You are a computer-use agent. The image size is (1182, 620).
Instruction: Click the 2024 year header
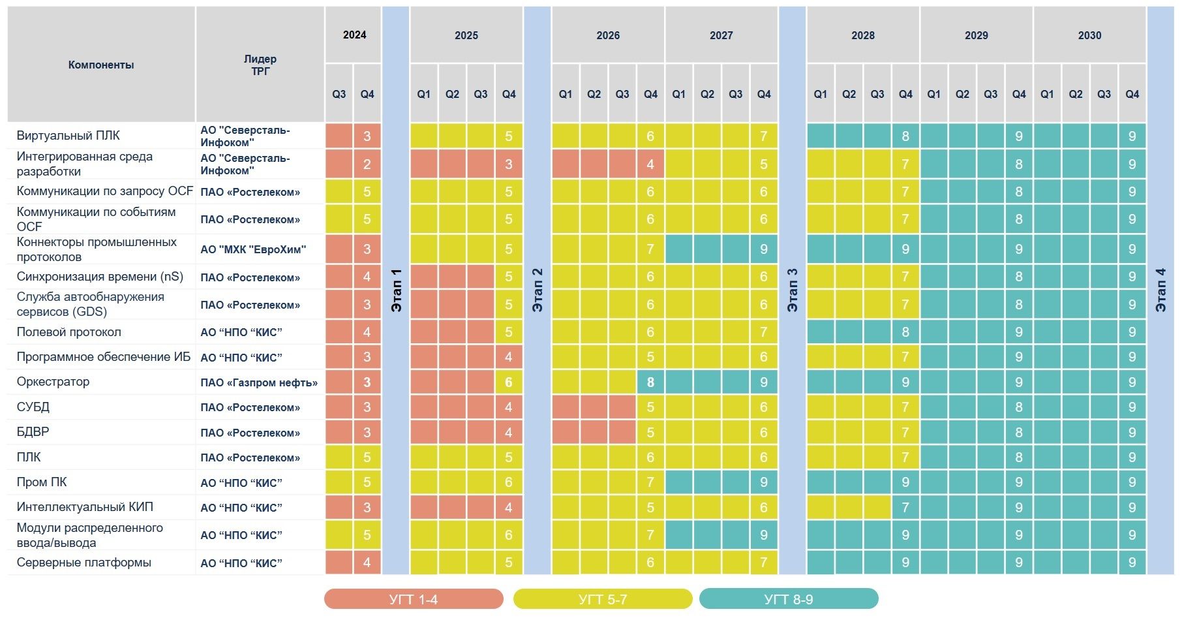[354, 35]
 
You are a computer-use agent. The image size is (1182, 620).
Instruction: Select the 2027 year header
[721, 35]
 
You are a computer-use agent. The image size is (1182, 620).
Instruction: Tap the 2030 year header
[1089, 35]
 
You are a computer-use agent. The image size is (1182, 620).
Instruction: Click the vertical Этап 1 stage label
[396, 290]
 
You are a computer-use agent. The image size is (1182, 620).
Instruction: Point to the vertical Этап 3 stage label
[792, 290]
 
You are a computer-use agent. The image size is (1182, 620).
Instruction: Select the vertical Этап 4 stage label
[1160, 290]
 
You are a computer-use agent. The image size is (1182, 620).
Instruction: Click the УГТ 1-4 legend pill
[414, 599]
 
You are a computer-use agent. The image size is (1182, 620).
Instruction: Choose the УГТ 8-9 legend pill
[788, 599]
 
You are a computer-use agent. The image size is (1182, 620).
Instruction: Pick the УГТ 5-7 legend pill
[602, 599]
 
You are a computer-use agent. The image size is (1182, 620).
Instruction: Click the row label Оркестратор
[53, 382]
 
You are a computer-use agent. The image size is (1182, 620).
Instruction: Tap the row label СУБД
[33, 407]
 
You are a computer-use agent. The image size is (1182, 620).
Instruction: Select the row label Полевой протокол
[69, 332]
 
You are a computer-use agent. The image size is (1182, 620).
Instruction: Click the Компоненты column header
[101, 65]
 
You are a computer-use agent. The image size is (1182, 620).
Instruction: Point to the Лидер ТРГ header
[260, 65]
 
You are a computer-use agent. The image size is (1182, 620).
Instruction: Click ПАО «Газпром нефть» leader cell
[259, 382]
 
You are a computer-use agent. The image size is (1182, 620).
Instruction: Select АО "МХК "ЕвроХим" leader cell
[253, 249]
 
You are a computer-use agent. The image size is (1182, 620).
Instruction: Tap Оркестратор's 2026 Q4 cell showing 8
[650, 382]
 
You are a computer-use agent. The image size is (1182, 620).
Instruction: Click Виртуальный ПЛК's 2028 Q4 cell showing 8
[905, 136]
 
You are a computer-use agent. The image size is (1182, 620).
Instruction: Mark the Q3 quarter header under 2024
[339, 94]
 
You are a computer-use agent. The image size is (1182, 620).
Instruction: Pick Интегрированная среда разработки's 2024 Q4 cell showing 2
[367, 164]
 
